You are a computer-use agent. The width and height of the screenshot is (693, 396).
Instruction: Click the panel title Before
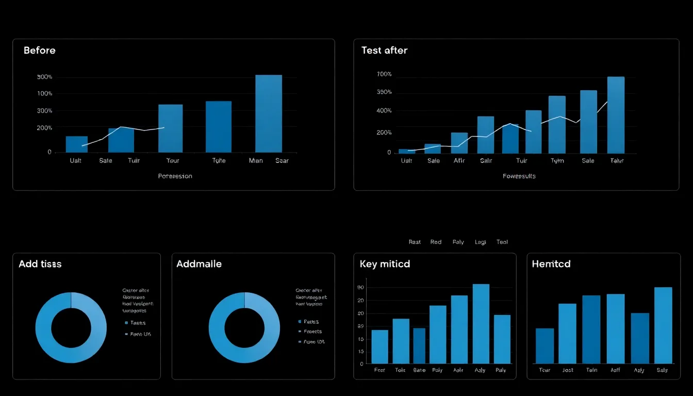pos(39,51)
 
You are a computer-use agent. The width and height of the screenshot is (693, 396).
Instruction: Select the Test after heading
pos(384,51)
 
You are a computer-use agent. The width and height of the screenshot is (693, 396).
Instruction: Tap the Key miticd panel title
pos(385,264)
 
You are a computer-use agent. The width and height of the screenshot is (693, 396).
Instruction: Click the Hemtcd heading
pos(551,264)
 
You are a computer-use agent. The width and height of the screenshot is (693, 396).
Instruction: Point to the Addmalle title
pos(199,264)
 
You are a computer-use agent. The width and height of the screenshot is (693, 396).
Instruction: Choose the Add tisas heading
pos(40,264)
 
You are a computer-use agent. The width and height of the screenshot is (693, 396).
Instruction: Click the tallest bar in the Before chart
pos(269,113)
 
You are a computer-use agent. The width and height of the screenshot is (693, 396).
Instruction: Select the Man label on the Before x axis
pos(256,161)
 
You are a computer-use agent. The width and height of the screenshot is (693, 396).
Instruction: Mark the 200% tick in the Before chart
pos(45,128)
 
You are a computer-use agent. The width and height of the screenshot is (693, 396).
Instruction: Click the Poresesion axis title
pos(175,176)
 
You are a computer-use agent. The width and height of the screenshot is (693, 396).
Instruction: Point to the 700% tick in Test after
pos(384,74)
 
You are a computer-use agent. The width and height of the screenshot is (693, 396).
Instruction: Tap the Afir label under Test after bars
pos(459,161)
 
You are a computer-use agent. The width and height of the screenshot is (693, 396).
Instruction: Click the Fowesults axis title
pos(519,176)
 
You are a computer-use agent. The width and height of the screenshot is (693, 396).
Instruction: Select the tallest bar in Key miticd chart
pos(481,324)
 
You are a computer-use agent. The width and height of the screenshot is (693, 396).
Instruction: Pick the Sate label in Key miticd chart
pos(419,370)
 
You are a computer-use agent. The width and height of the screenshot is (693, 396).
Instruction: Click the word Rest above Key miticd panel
pos(415,242)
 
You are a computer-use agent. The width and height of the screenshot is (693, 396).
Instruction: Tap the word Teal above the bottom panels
pos(502,242)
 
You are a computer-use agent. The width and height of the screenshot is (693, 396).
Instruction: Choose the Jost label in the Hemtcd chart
pos(568,370)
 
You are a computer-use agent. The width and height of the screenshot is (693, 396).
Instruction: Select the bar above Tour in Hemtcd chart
pos(544,345)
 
